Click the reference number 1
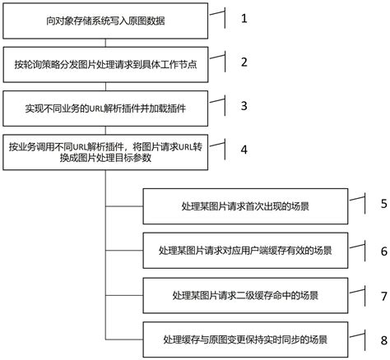tap(243, 17)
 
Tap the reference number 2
tap(243, 62)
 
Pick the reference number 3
tap(243, 106)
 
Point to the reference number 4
tap(243, 150)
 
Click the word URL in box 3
tap(90, 106)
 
